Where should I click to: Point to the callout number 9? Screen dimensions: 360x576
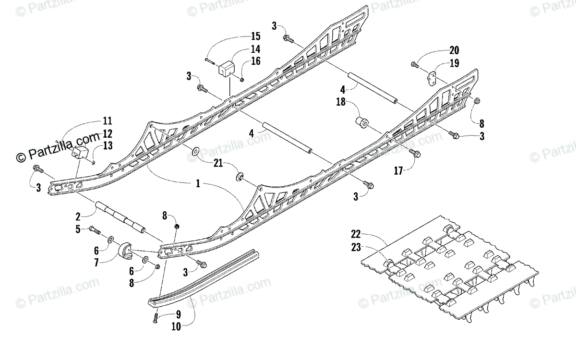click(x=179, y=315)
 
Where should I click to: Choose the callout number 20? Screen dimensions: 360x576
click(x=454, y=50)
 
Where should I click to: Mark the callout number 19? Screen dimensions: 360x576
click(x=454, y=63)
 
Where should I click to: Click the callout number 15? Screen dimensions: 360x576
click(x=255, y=36)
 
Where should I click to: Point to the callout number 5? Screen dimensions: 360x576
click(x=78, y=229)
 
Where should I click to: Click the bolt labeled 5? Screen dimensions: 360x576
click(x=95, y=230)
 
